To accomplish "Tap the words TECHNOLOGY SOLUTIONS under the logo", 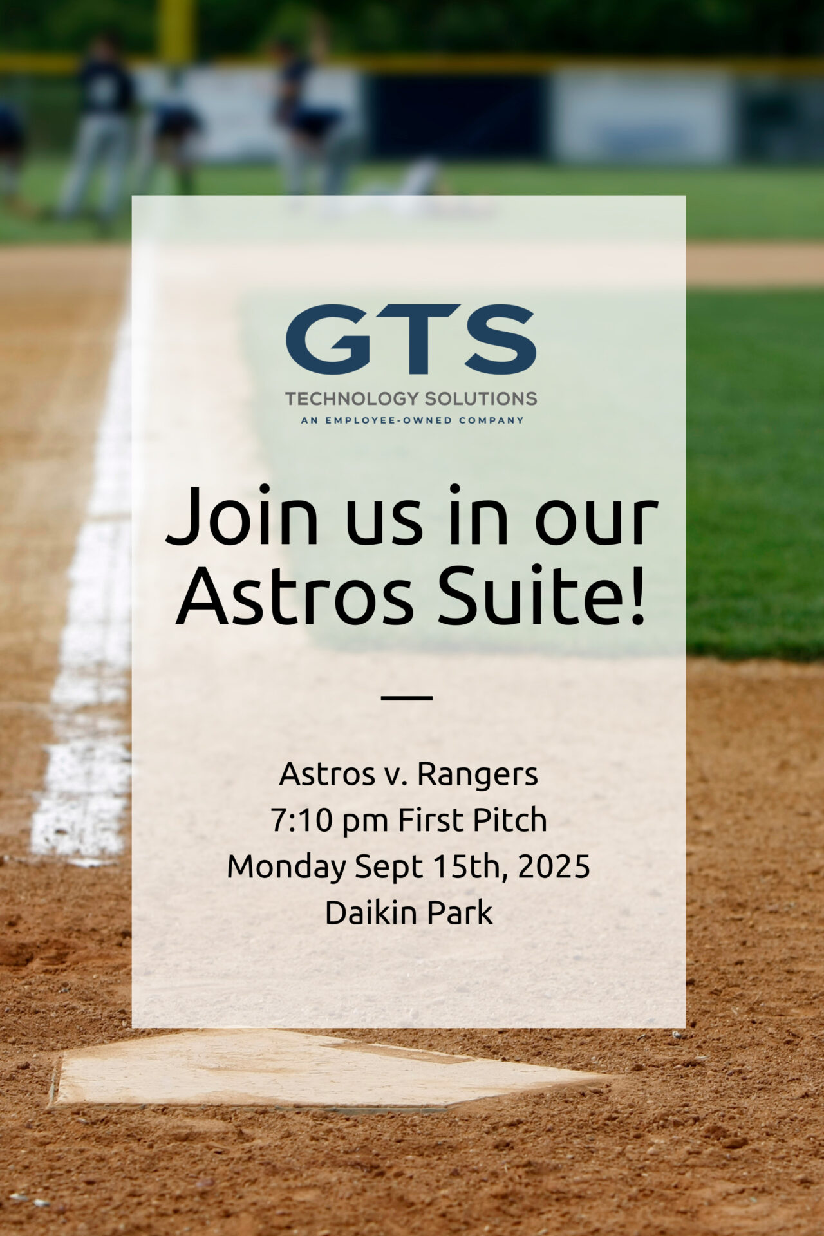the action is (x=411, y=398).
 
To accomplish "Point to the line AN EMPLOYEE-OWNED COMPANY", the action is (x=412, y=420).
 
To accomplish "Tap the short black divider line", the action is (x=406, y=697).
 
